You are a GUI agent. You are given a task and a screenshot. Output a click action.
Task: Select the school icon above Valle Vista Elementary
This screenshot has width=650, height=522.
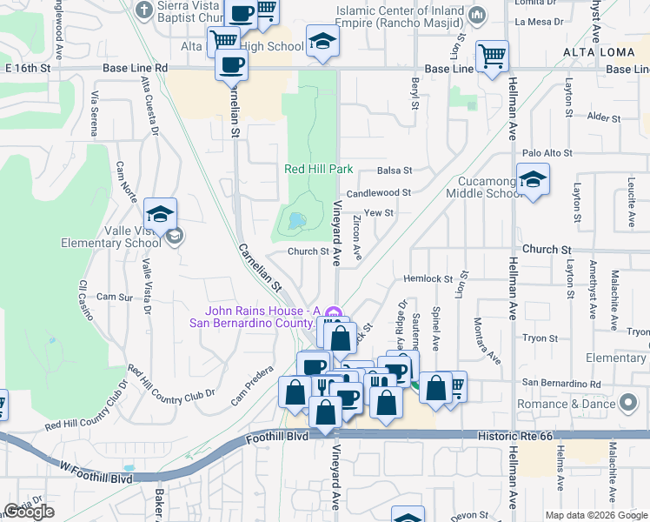(x=160, y=214)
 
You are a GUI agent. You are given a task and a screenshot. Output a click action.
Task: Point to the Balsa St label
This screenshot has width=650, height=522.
(x=395, y=171)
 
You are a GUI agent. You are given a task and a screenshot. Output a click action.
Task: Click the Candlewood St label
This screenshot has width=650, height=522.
(x=378, y=193)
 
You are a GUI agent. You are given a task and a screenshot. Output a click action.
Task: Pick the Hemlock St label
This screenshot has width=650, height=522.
(x=425, y=278)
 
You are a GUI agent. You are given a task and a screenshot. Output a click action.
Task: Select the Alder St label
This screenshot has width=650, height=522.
(x=600, y=116)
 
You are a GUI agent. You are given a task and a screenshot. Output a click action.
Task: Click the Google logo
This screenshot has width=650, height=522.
(x=29, y=512)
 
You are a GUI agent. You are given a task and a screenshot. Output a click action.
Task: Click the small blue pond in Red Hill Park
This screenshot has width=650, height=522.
(x=296, y=220)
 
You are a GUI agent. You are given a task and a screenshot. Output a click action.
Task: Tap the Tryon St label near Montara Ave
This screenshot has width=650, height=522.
(x=540, y=337)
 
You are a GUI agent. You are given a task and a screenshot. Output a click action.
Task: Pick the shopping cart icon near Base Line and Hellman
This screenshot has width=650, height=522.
(x=492, y=57)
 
